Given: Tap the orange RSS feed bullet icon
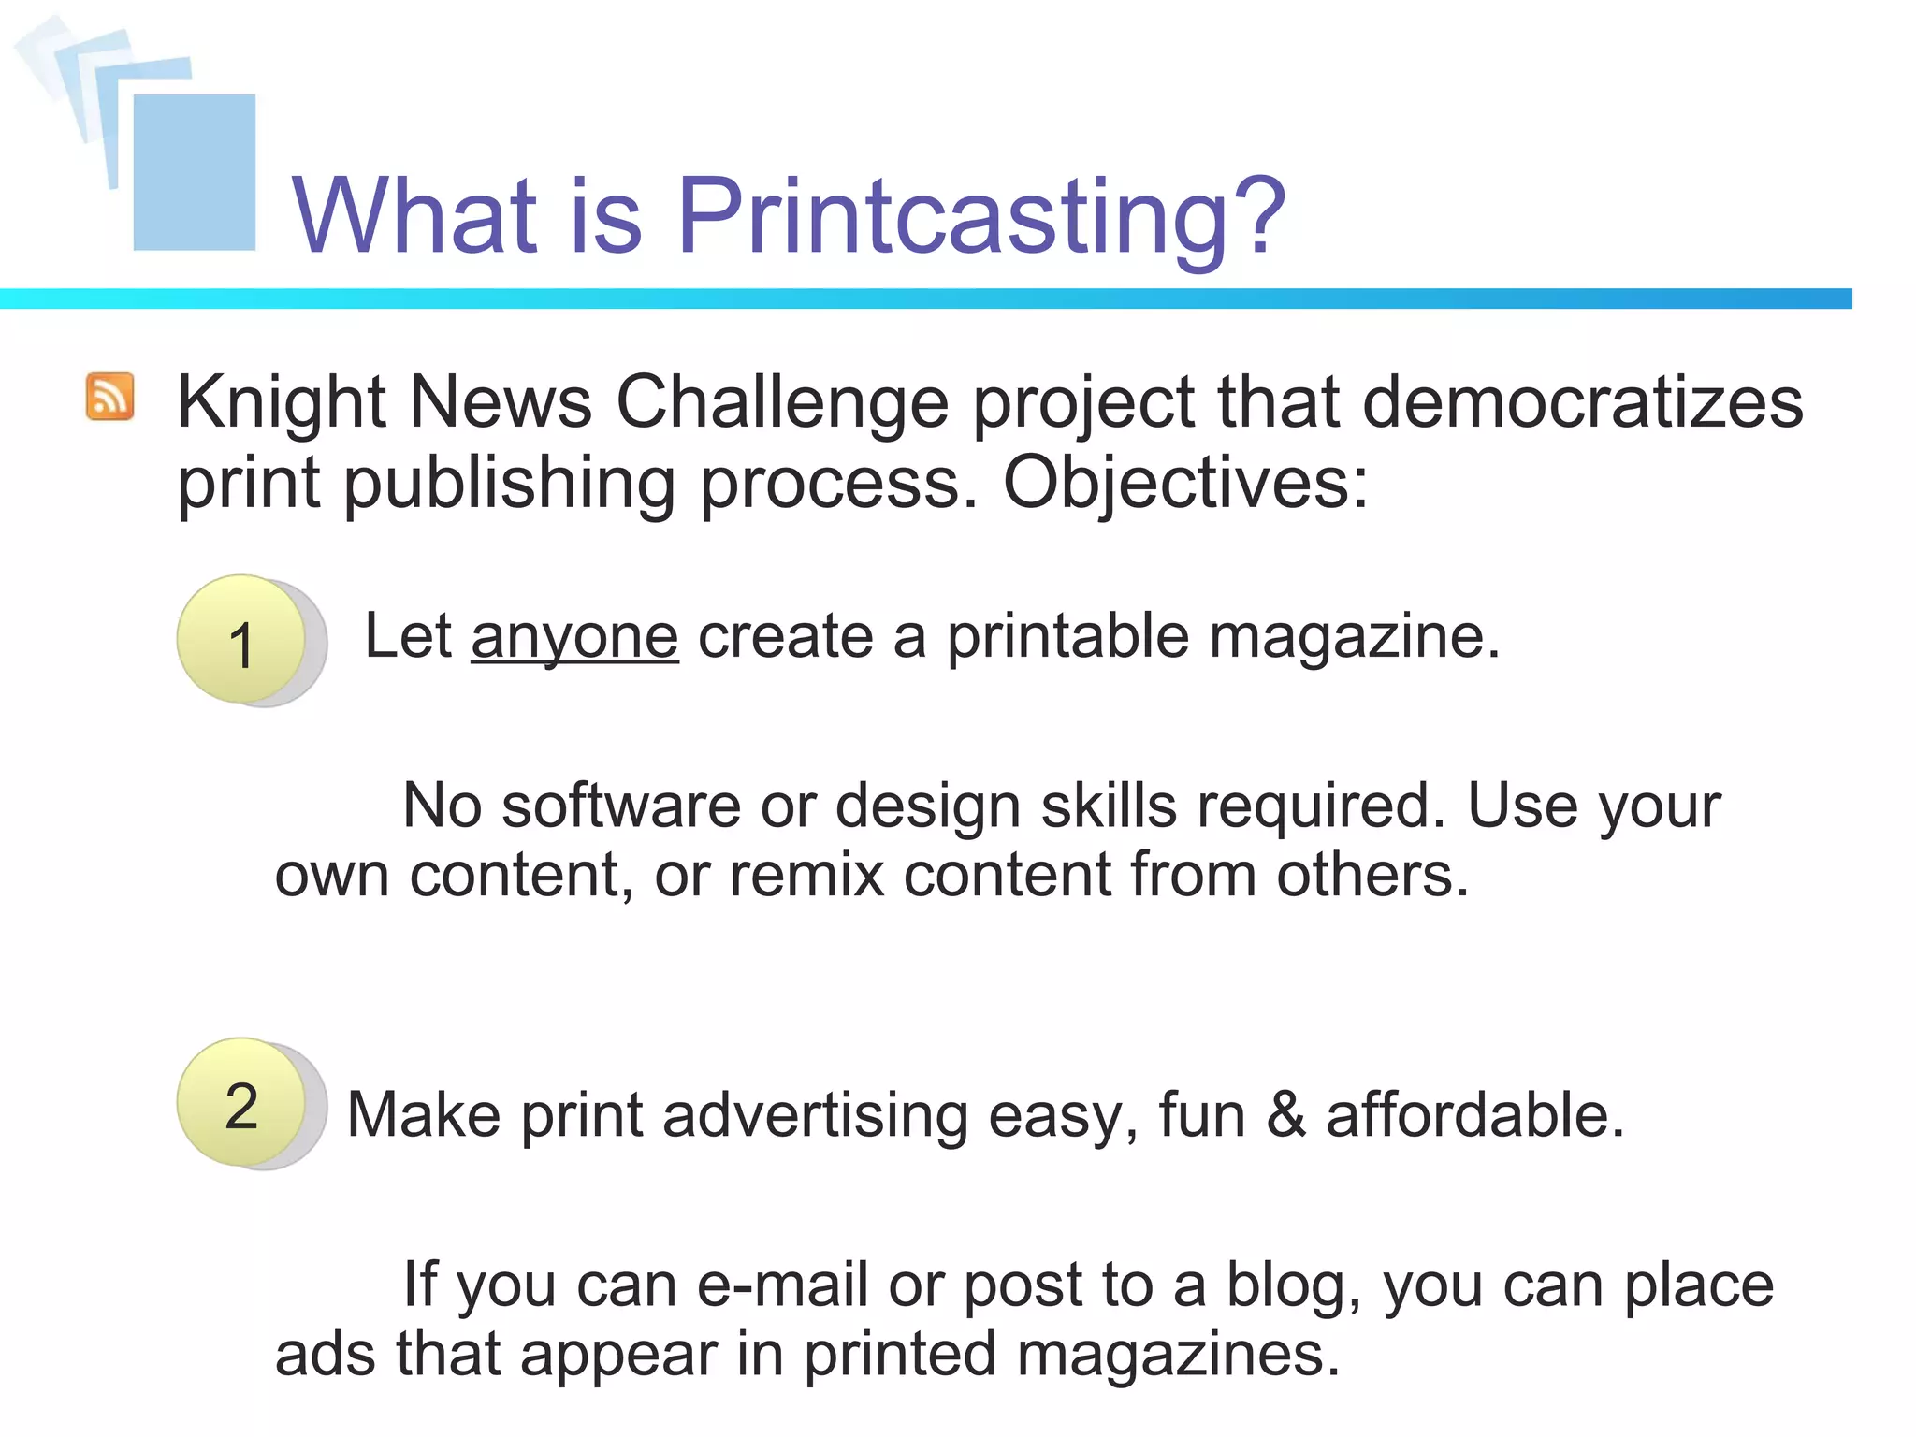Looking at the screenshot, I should point(110,397).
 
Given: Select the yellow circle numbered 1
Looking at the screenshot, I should point(241,639).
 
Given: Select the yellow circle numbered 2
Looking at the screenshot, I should point(241,1102).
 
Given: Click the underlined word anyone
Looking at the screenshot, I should point(574,637).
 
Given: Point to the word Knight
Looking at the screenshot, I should point(281,402).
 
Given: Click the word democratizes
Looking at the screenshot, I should point(1581,402).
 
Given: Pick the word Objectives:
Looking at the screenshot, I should point(1185,483).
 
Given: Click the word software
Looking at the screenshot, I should point(621,806).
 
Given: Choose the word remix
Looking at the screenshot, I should point(806,876).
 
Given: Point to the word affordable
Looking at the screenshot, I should point(1474,1114).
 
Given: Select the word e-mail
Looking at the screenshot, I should point(782,1285).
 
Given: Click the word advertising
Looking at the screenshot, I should point(815,1114).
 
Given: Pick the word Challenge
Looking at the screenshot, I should point(782,402).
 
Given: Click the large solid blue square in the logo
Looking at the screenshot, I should point(195,172).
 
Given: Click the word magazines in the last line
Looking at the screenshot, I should point(1178,1355).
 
